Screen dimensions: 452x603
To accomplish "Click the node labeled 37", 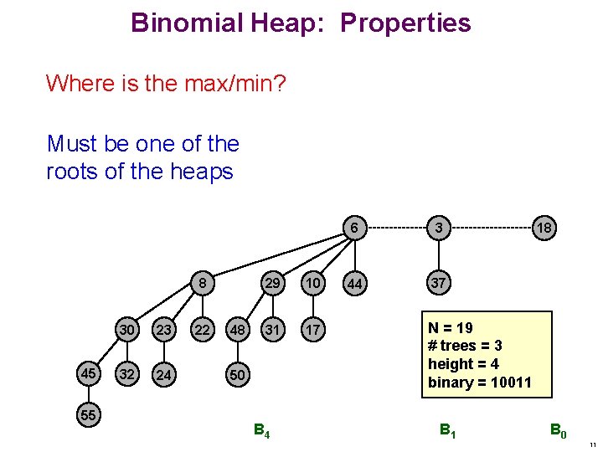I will (437, 284).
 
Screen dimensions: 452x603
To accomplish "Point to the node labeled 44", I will (355, 285).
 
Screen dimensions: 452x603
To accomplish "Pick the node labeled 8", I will (202, 284).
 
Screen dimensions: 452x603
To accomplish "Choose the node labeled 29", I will (272, 284).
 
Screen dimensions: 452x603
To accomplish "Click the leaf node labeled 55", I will (87, 413).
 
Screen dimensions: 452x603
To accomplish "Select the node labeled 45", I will (87, 374).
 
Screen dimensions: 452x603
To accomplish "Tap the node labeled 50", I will (237, 375).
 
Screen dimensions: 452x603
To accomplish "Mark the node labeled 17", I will (312, 330).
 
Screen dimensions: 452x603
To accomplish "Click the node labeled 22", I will (202, 330).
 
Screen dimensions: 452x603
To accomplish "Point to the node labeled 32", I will (126, 374).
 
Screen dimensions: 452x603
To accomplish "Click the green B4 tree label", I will (261, 431).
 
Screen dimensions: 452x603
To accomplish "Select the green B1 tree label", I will (448, 431).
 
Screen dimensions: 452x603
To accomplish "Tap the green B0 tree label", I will (558, 431).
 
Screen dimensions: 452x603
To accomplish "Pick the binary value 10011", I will (504, 383).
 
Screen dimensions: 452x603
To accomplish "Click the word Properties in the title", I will (405, 23).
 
